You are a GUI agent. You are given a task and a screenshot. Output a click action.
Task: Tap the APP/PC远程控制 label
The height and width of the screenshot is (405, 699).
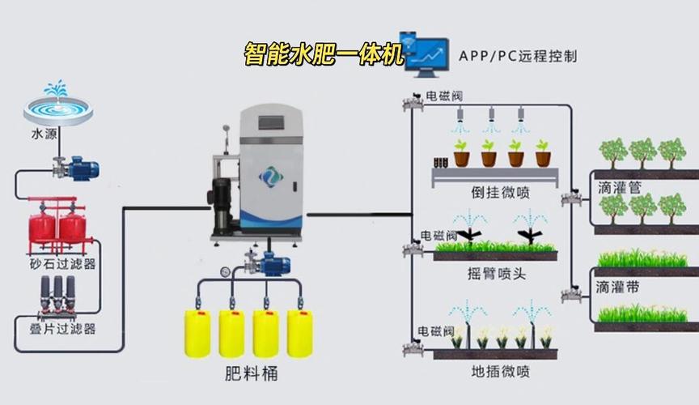[x=518, y=57]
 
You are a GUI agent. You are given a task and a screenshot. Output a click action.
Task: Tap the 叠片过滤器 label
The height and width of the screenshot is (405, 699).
[x=57, y=329]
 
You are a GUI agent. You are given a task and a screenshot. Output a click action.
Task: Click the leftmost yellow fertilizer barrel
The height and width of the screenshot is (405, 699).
[x=197, y=333]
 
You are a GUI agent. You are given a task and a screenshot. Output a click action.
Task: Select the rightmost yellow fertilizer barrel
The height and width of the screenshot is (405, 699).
[x=299, y=333]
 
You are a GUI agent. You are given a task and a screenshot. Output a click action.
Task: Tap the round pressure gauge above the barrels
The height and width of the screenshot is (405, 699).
[x=224, y=271]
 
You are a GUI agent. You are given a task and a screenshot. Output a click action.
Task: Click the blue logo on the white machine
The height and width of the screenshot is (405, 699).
[x=269, y=177]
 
